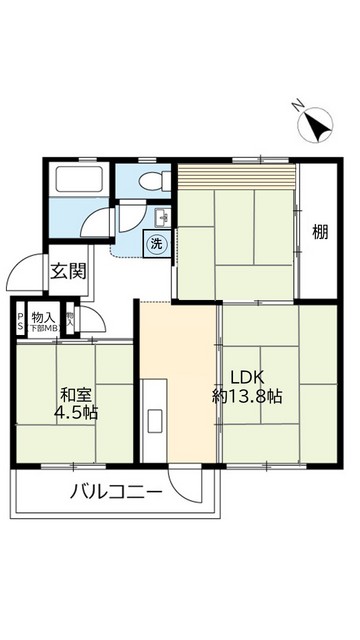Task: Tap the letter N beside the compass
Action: (x=297, y=105)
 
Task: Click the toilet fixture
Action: (x=149, y=180)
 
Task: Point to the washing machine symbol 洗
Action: (x=157, y=243)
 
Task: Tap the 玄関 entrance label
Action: (x=69, y=270)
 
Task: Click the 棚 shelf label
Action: (x=319, y=234)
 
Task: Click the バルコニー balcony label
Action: (x=115, y=491)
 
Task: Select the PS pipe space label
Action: (x=19, y=322)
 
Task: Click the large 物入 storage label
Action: (x=42, y=316)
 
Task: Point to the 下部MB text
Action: (x=43, y=328)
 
